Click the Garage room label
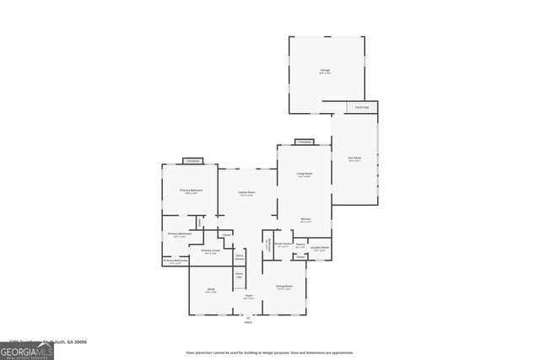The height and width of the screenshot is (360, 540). (x=325, y=70)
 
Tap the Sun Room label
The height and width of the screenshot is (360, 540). (x=355, y=159)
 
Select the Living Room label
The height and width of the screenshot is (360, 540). (x=304, y=175)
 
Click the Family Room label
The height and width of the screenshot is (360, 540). (x=246, y=193)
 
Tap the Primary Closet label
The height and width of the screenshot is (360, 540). (x=211, y=250)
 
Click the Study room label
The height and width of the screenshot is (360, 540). (x=211, y=290)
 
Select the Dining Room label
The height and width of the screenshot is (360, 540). (x=284, y=287)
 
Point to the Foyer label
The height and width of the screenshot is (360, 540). (x=249, y=296)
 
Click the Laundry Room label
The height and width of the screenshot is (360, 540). (x=320, y=247)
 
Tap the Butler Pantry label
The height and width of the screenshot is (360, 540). (x=283, y=245)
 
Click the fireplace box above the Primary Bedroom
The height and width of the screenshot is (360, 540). (x=192, y=160)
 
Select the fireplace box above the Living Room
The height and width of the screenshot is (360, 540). (x=305, y=142)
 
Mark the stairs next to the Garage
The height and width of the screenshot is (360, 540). (x=361, y=108)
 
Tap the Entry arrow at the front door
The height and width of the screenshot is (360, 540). (x=248, y=319)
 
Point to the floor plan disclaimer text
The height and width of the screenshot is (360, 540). (x=270, y=352)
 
